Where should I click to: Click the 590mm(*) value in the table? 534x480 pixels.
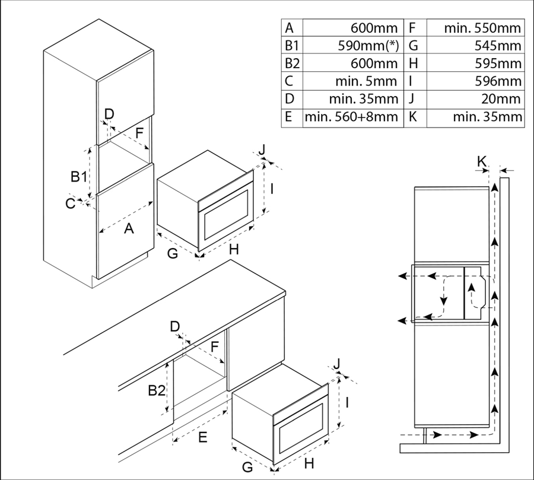click(x=367, y=46)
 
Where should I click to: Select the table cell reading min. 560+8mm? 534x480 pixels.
click(x=351, y=117)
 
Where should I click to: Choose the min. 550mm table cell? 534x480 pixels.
click(x=483, y=28)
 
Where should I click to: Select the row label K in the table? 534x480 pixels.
click(x=413, y=117)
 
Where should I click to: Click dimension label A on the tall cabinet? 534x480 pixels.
click(x=128, y=228)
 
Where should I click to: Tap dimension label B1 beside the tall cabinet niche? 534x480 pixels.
click(x=79, y=176)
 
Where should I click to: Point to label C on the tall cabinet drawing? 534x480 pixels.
click(x=71, y=204)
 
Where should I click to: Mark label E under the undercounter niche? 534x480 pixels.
click(x=202, y=438)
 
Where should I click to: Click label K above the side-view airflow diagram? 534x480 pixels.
click(x=482, y=161)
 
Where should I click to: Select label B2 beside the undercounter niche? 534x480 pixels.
click(x=157, y=391)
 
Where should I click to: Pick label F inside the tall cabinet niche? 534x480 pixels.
click(x=139, y=133)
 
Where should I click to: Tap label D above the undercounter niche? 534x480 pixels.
click(x=174, y=326)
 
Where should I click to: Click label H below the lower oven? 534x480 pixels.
click(x=309, y=462)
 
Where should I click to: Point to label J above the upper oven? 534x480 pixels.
click(x=261, y=149)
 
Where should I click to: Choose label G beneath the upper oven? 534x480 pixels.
click(x=173, y=253)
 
